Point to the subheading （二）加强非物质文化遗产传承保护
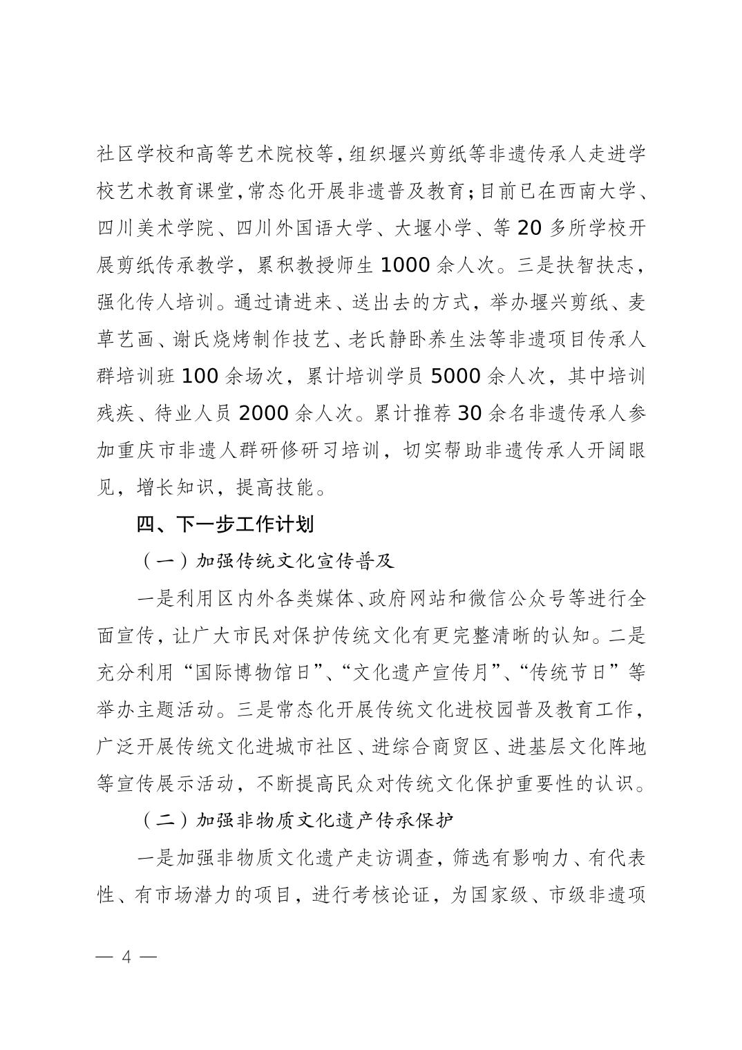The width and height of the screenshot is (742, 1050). [296, 821]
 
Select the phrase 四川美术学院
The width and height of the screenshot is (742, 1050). [156, 228]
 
